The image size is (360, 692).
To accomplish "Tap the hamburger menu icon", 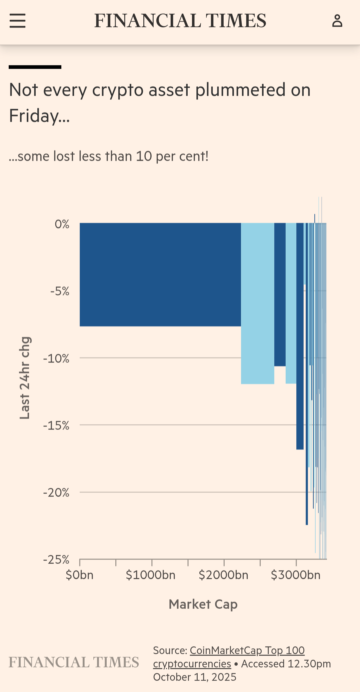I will [17, 21].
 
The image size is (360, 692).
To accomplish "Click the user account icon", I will [337, 21].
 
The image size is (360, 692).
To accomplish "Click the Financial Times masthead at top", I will [180, 21].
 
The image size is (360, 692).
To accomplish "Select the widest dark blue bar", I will [160, 274].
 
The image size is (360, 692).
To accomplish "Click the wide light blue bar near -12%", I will [257, 303].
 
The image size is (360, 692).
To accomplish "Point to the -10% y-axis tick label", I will [56, 359].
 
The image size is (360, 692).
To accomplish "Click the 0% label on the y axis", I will [62, 224].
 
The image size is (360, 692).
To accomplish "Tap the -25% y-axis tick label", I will [56, 560].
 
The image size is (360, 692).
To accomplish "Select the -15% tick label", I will [56, 426].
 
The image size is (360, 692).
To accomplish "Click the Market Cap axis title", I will [203, 604].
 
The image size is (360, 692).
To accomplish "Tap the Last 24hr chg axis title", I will [25, 378].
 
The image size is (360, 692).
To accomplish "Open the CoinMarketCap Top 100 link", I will [247, 650].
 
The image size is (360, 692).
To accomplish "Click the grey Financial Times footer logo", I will [74, 662].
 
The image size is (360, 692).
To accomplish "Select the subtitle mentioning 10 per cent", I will [109, 156].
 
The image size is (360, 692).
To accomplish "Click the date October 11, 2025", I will [195, 677].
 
